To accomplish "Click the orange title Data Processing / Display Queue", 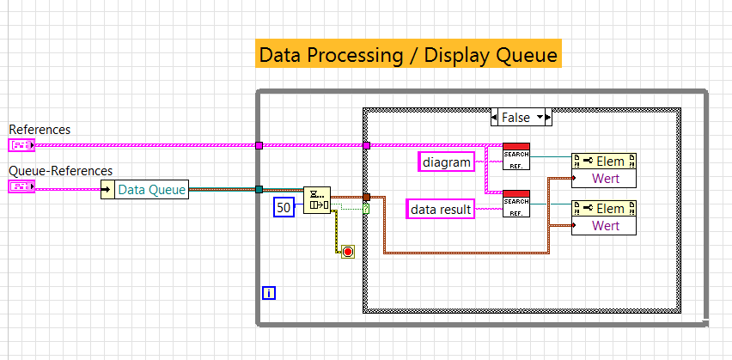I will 409,55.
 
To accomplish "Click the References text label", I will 40,130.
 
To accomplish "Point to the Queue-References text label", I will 60,171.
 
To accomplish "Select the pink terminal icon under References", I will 21,145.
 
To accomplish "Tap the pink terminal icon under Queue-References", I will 21,186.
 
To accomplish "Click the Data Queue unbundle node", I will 144,190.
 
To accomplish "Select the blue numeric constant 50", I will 284,206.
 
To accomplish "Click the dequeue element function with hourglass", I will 316,200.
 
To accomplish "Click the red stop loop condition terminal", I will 347,252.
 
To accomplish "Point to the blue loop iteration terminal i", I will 269,293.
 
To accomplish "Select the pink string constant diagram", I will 447,161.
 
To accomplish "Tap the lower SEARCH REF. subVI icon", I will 516,203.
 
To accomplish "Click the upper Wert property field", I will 605,179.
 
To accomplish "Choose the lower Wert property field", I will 605,226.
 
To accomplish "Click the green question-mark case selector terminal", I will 367,208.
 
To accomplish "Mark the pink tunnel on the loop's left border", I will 259,145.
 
